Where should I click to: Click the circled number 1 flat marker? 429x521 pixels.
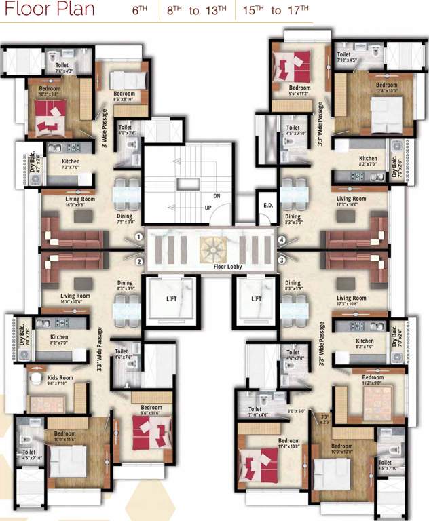[x=138, y=237]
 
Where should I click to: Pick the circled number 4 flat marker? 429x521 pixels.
[x=280, y=238]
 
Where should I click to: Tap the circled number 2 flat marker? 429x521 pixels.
[x=138, y=260]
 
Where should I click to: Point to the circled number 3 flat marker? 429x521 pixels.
[x=280, y=259]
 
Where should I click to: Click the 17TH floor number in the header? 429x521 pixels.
[x=301, y=11]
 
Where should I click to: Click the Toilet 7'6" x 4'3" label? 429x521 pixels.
[x=61, y=65]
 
